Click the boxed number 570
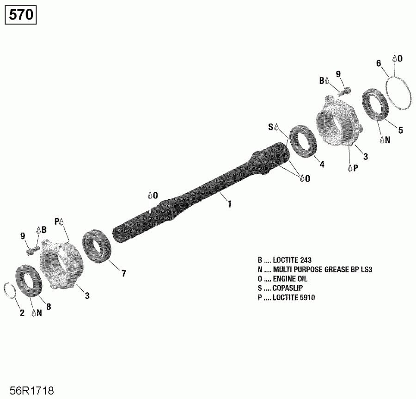(21, 15)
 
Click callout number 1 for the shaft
(229, 204)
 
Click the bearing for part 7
(97, 248)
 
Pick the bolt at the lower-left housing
(32, 250)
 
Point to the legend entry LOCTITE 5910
(286, 298)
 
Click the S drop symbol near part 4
(274, 126)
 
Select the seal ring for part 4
(302, 140)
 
